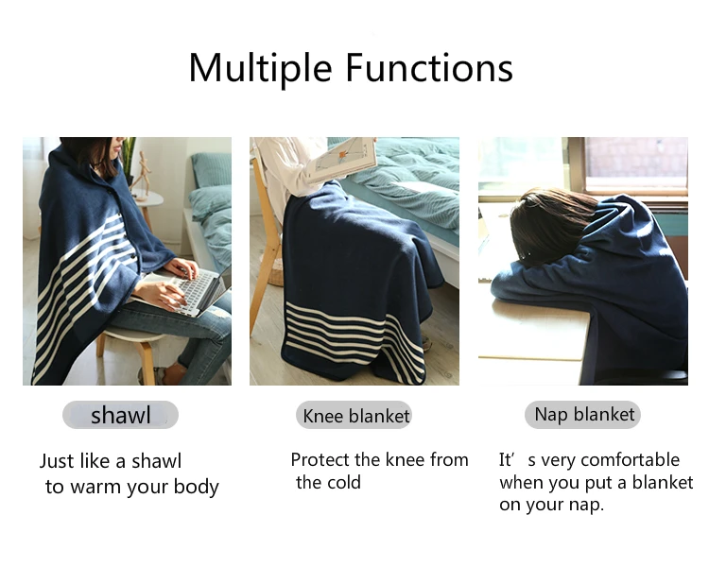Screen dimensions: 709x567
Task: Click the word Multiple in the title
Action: point(261,68)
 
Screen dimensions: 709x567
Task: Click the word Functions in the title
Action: point(429,68)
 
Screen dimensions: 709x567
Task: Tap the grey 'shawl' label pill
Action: point(120,415)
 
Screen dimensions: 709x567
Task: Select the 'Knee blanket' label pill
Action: point(354,415)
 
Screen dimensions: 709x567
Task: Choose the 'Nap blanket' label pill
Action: point(583,415)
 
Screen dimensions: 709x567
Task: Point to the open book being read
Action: point(341,160)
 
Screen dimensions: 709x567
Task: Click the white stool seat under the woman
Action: point(131,335)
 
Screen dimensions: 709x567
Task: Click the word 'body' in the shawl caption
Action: point(197,488)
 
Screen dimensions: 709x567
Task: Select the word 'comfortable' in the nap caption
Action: point(631,460)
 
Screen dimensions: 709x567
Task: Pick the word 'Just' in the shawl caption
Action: point(56,461)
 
